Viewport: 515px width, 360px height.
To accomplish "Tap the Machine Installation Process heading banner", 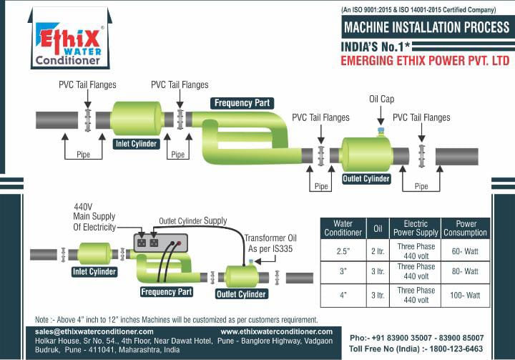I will click(426, 28).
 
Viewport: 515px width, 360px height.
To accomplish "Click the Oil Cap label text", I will click(381, 99).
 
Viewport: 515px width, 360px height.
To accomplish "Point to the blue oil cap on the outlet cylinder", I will click(381, 131).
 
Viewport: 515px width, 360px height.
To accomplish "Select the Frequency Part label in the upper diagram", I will click(242, 103).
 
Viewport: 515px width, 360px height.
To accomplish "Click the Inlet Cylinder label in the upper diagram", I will click(136, 144).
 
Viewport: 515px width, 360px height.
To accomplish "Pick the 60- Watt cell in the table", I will click(465, 251).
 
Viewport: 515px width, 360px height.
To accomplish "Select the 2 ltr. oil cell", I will click(378, 251).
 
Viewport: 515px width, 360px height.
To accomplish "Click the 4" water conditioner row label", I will click(343, 295).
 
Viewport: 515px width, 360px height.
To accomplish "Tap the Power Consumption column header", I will click(465, 228).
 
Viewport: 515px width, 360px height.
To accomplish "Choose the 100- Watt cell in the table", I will click(465, 295).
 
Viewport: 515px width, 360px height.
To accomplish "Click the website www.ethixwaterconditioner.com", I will click(277, 332).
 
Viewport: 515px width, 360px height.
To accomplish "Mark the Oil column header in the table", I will click(378, 228).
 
